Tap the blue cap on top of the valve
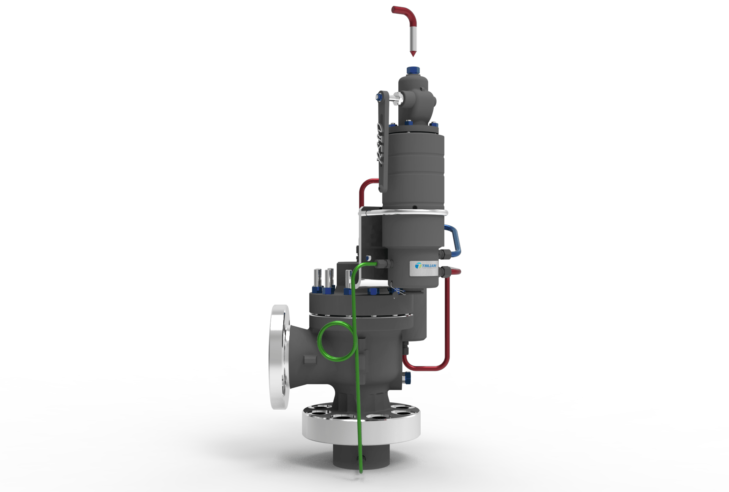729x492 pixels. coord(412,71)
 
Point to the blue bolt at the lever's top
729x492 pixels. coord(379,97)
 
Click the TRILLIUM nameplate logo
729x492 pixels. coord(426,266)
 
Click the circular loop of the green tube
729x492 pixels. coord(336,341)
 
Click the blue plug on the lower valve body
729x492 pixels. coord(408,377)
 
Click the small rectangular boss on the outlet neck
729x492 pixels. coord(310,359)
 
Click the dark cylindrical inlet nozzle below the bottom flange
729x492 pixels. coord(361,456)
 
